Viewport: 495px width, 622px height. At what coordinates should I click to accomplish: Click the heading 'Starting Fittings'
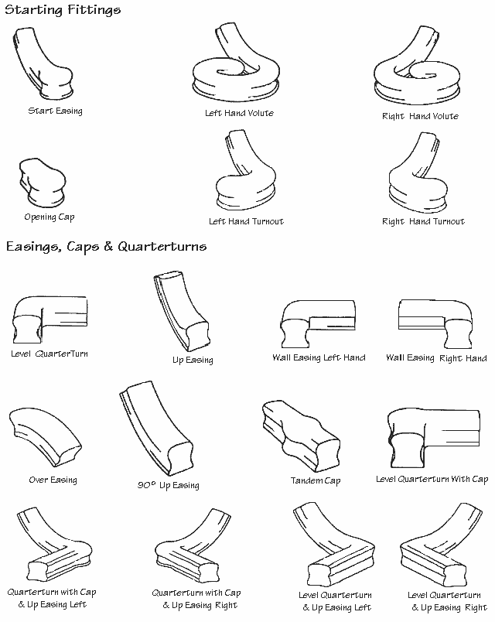point(63,10)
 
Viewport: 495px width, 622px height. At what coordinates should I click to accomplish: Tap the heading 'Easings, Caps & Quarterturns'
point(106,247)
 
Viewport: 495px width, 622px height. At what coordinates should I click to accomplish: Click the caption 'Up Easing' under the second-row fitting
point(192,360)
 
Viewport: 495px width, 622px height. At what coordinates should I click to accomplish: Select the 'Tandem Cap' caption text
point(316,480)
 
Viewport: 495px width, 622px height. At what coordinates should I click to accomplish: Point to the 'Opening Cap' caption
point(49,217)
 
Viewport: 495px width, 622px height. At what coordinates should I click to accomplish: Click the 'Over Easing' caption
point(53,480)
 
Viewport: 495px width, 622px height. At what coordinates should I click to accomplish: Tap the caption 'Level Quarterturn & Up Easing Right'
point(448,602)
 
